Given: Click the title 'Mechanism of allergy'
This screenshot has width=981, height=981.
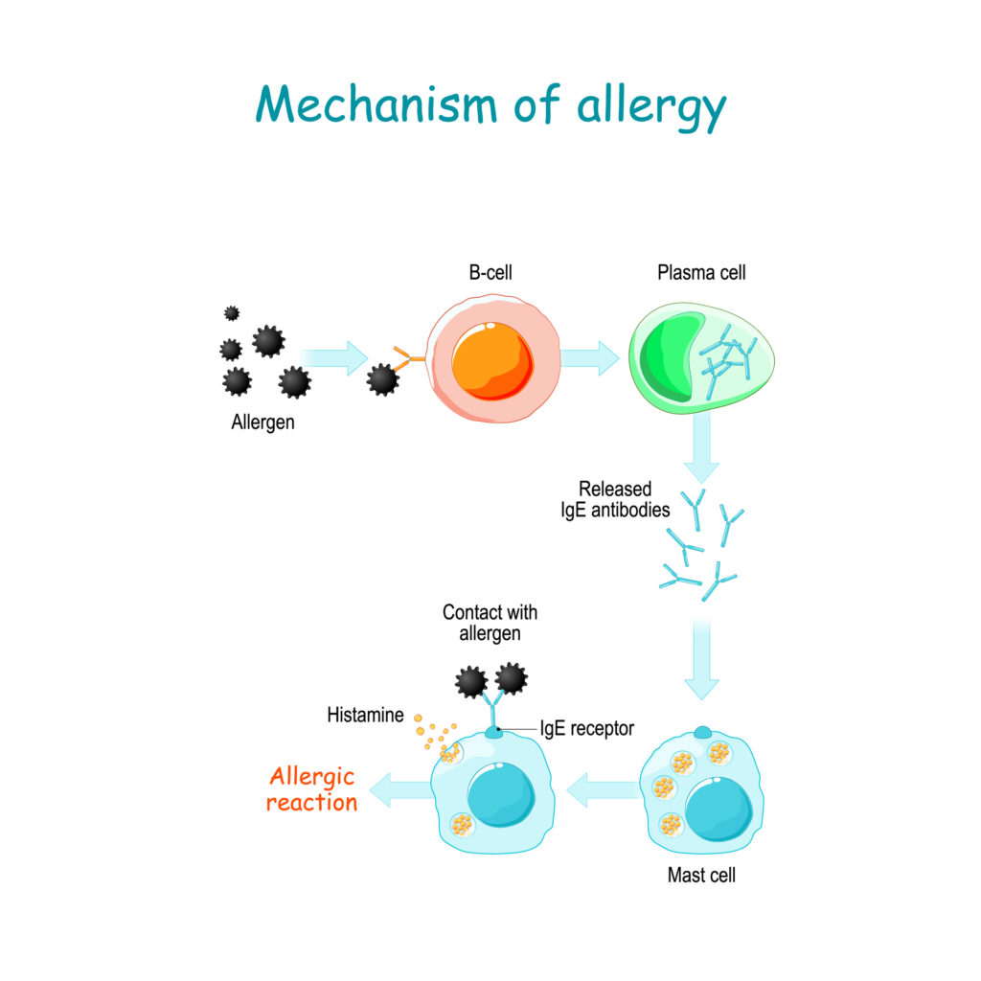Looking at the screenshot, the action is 490,105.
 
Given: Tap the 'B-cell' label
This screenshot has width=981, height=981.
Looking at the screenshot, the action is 490,272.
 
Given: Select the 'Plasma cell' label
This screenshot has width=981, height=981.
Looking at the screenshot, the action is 701,273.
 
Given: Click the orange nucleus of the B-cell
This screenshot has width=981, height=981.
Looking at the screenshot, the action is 492,361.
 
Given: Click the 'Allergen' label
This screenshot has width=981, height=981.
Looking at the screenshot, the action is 262,422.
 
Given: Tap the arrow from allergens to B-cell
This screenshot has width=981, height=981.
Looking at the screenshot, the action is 334,358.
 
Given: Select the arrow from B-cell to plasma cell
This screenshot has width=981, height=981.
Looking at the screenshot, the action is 589,358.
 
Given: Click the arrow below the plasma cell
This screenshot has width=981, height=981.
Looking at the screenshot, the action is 701,447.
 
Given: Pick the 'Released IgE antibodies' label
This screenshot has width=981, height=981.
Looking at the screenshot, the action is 615,499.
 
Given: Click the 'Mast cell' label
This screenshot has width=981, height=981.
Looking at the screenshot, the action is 701,875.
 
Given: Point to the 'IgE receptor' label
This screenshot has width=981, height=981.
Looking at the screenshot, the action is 587,728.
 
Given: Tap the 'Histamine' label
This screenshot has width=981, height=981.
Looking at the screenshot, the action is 365,715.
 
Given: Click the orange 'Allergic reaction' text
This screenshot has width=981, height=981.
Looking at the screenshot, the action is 311,789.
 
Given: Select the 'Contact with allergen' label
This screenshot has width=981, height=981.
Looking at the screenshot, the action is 490,623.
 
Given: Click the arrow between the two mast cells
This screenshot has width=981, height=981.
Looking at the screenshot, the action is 604,789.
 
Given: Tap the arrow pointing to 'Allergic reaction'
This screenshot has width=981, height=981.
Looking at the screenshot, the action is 401,789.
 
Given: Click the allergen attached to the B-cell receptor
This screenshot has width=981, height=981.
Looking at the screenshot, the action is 382,379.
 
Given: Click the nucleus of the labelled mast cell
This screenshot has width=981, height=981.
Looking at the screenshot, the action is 719,810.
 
